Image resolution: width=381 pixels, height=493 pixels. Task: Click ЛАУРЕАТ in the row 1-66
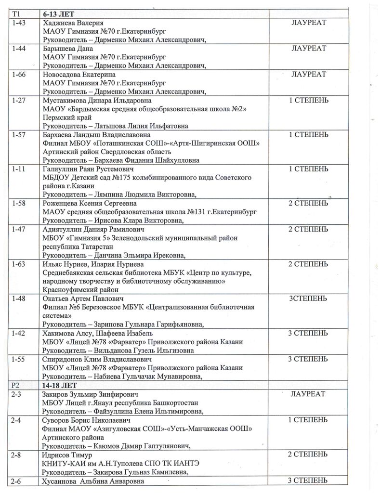point(309,75)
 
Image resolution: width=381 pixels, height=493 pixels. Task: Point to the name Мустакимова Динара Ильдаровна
point(97,101)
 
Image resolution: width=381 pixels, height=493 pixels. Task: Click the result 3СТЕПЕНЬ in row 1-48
point(308,299)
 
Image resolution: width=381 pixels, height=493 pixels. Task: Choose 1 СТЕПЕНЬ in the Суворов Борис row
point(308,420)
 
